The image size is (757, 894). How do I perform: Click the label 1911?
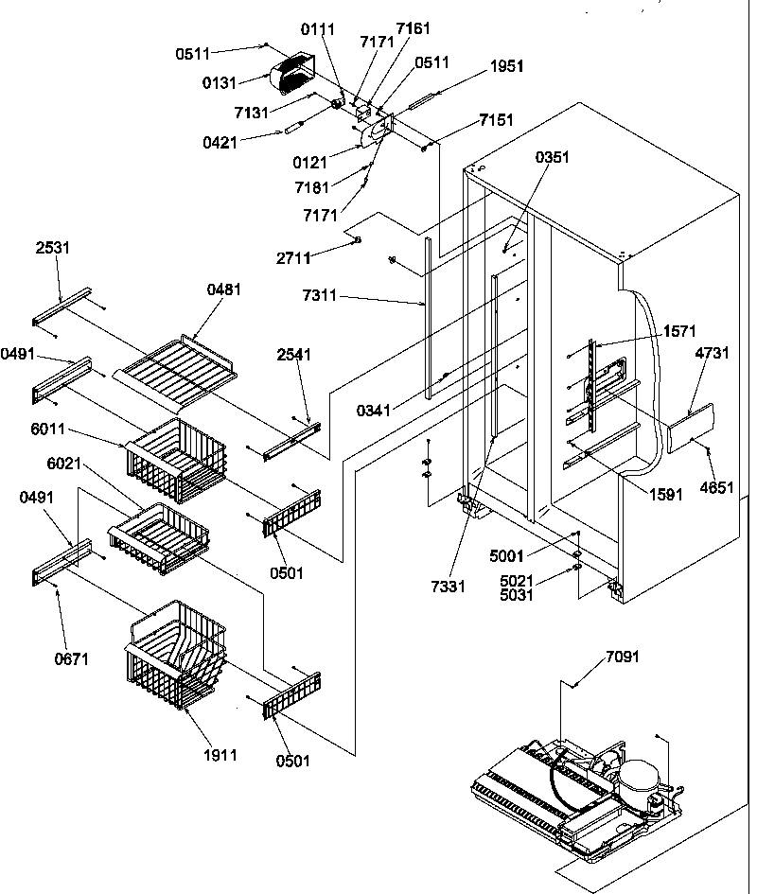click(x=219, y=755)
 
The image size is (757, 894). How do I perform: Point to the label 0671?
click(x=72, y=658)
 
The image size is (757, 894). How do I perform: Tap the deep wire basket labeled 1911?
click(x=174, y=653)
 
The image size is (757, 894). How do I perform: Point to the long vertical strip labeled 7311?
click(x=429, y=317)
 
